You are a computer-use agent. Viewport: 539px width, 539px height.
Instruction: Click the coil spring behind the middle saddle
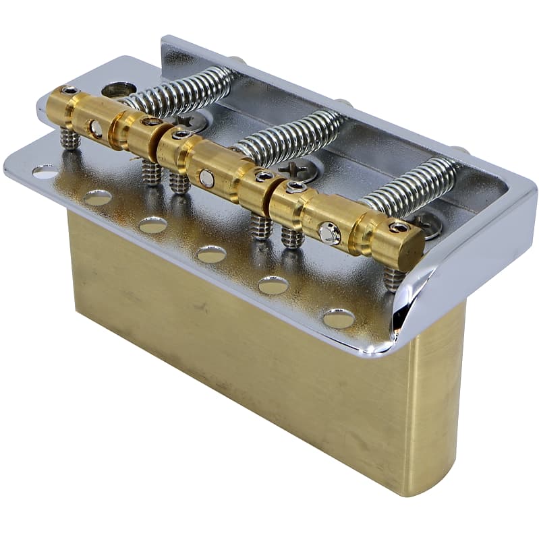[290, 138]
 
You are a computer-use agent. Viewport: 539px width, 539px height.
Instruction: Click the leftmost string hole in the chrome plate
[45, 171]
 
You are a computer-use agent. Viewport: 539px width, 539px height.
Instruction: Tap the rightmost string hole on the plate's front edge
[339, 319]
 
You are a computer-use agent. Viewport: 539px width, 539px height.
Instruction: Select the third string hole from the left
[152, 224]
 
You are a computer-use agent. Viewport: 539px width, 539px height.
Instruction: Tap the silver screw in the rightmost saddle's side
[329, 233]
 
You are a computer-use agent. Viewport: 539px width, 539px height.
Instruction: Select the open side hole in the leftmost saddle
[96, 128]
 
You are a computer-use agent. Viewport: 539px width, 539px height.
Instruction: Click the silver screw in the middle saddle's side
[207, 179]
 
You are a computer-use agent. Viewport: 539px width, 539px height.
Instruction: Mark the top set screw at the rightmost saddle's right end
[399, 227]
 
